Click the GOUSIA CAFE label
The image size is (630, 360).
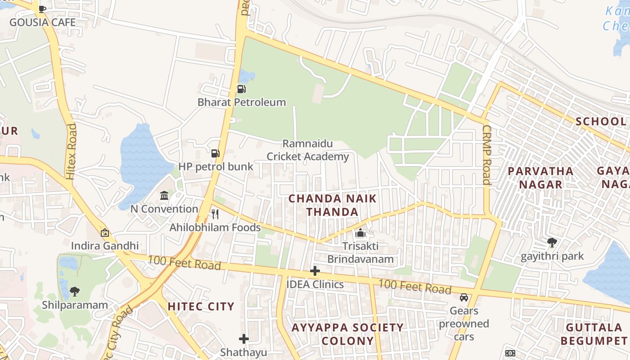coord(42,22)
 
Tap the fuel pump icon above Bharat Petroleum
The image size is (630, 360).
coord(242,89)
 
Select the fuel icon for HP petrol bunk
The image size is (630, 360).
coord(216,153)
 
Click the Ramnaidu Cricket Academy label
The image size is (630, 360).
coord(308,150)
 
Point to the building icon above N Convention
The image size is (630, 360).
coord(164,196)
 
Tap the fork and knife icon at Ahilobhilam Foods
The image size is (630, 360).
coord(215,214)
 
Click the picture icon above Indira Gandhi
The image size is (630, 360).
coord(105,233)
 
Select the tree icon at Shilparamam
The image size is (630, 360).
coord(75,292)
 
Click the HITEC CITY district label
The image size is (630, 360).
coord(201,306)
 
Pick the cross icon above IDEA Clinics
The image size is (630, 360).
coord(315,271)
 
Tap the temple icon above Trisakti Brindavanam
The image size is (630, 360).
coord(360,233)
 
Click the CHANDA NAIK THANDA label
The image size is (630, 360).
coord(333,205)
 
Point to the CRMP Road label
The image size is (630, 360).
coord(486,155)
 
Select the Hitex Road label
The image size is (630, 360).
coord(71,152)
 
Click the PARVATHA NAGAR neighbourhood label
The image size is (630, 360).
coord(540,178)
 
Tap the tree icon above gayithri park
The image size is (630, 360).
coord(552,243)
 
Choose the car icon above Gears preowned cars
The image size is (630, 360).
coord(464,297)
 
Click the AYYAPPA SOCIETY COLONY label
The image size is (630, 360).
coord(348,334)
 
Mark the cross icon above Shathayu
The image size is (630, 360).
coord(243,338)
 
